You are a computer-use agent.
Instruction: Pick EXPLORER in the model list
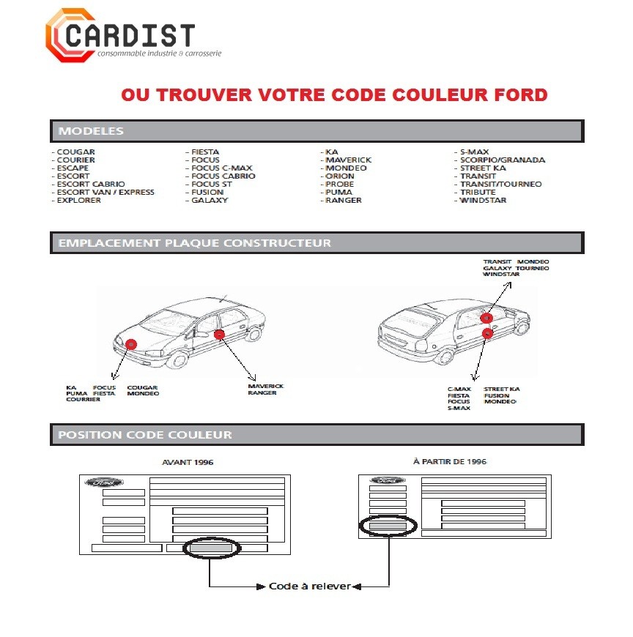point(78,200)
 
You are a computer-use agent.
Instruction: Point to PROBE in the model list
point(340,185)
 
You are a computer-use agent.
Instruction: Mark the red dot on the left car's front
point(131,344)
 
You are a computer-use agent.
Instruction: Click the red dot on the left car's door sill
point(220,335)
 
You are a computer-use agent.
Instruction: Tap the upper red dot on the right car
point(486,318)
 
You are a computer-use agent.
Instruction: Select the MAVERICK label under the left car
point(265,386)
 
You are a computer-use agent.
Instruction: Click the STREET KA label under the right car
point(502,389)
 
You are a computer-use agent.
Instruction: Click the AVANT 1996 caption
point(188,463)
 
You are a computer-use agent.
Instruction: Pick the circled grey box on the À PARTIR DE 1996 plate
point(388,526)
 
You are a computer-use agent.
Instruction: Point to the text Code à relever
point(309,586)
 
